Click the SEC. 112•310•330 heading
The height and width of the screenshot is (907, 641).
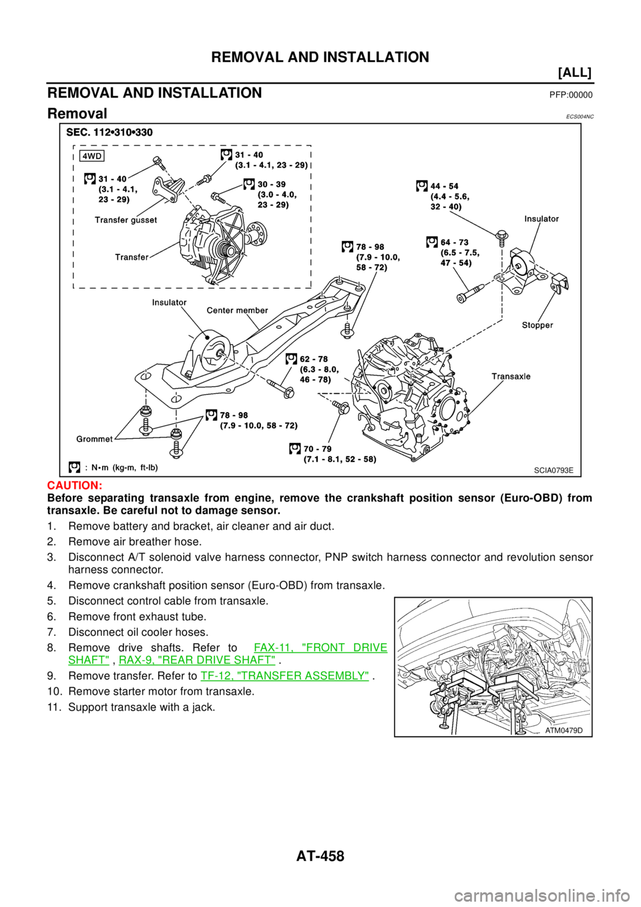tap(110, 132)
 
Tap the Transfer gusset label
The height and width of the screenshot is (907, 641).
tap(126, 220)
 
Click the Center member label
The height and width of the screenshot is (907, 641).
tap(237, 310)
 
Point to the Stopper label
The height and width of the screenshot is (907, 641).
tap(537, 325)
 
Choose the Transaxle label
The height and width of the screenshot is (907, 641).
tap(511, 376)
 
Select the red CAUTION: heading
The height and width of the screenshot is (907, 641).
tap(74, 486)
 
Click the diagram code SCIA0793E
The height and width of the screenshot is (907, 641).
tap(553, 470)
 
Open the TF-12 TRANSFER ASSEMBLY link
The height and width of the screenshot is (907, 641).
tap(284, 676)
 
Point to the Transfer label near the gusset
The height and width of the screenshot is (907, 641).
tap(132, 257)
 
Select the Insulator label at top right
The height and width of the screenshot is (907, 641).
tap(542, 218)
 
